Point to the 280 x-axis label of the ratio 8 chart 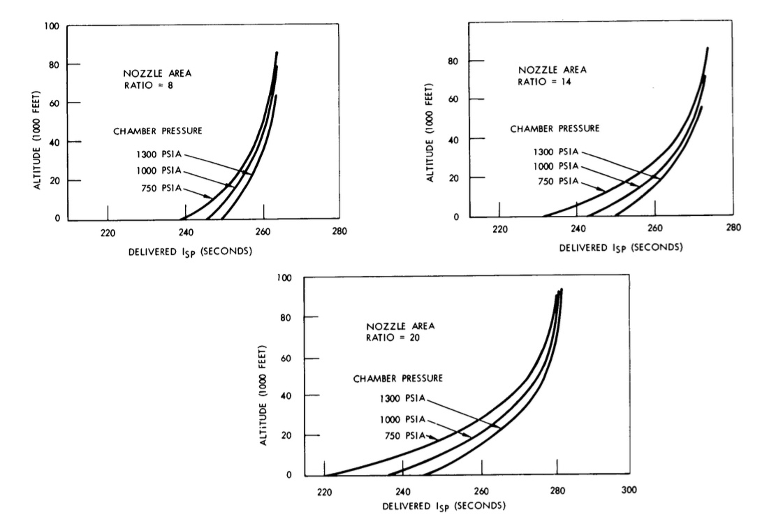pyautogui.click(x=340, y=232)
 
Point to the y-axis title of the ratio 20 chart pyautogui.click(x=264, y=395)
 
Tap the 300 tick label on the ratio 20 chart pyautogui.click(x=629, y=490)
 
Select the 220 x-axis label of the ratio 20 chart pyautogui.click(x=324, y=490)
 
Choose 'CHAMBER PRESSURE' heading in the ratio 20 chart pyautogui.click(x=397, y=378)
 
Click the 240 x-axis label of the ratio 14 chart pyautogui.click(x=577, y=228)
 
